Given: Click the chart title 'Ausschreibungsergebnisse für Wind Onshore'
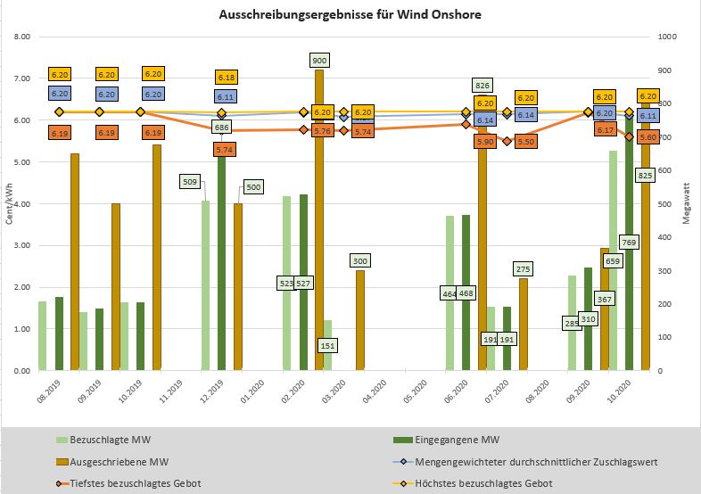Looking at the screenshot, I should pyautogui.click(x=350, y=14).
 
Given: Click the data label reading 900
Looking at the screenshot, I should pyautogui.click(x=320, y=60).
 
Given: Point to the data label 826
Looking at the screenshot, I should pyautogui.click(x=482, y=86).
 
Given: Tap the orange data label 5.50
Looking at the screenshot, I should pyautogui.click(x=526, y=141).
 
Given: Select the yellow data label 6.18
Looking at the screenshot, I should pyautogui.click(x=227, y=78).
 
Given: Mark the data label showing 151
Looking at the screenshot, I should pyautogui.click(x=328, y=345).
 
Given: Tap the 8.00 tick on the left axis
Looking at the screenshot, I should pyautogui.click(x=22, y=37).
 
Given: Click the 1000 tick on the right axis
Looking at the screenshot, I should pyautogui.click(x=667, y=37).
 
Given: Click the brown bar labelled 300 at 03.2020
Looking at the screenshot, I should pyautogui.click(x=360, y=320).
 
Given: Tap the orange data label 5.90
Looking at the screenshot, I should pyautogui.click(x=486, y=141).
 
